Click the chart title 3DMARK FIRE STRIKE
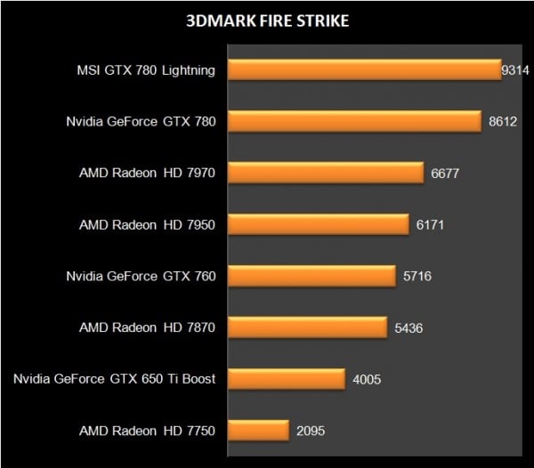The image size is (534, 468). [266, 21]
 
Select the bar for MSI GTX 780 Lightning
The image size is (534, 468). [365, 70]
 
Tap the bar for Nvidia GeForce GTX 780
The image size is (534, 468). [354, 122]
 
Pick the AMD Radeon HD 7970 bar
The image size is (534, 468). [326, 173]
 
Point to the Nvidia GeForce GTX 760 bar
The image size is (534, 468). [311, 277]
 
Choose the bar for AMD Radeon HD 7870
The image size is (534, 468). [307, 328]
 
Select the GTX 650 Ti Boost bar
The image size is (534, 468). [286, 380]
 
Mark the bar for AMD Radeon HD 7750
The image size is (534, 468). [258, 432]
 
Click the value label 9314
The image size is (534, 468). [515, 70]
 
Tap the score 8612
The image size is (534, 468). [503, 122]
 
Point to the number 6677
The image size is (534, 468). [444, 173]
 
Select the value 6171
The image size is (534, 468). [429, 225]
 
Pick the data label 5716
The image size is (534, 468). [417, 277]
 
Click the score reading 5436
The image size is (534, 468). [409, 328]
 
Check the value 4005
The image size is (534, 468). [367, 380]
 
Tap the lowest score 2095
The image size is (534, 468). [311, 432]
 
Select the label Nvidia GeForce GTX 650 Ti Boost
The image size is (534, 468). [115, 380]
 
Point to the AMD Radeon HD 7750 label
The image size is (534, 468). [147, 432]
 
